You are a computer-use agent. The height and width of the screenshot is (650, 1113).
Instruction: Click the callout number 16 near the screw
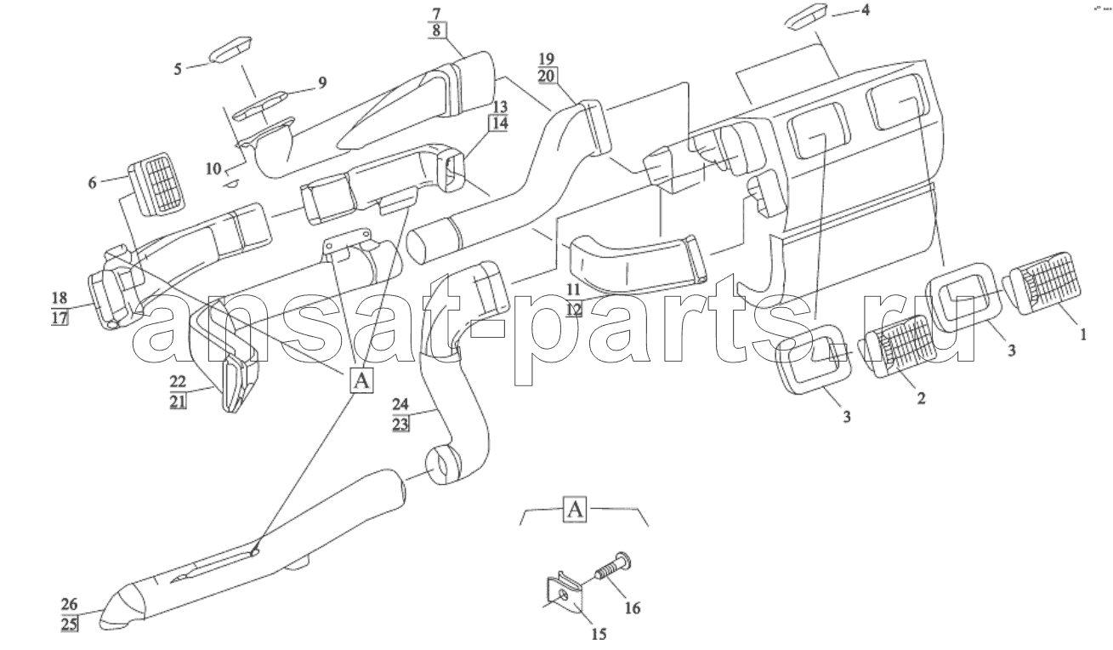point(633,607)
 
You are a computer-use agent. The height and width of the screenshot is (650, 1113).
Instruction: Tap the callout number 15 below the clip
point(599,635)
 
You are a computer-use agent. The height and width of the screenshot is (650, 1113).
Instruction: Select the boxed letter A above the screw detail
point(575,509)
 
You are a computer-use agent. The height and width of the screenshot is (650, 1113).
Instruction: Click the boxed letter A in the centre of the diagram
point(361,381)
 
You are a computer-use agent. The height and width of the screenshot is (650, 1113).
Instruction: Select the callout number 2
point(921,398)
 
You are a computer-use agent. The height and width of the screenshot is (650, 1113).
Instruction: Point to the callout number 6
point(93,183)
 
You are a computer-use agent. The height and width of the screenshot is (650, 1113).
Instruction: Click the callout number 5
point(178,69)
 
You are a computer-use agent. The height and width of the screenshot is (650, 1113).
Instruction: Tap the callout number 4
point(866,9)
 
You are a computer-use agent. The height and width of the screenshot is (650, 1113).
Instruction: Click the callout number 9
point(322,83)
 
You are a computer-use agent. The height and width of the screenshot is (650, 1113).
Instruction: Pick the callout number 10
point(213,169)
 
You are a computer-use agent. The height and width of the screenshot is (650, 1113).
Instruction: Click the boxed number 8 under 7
point(436,30)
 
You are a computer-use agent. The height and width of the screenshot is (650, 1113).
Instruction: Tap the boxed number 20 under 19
point(547,76)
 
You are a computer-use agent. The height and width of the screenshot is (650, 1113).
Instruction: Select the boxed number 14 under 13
point(500,123)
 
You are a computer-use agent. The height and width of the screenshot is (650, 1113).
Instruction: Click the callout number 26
point(70,604)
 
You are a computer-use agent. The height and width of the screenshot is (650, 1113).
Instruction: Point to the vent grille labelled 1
point(1042,284)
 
